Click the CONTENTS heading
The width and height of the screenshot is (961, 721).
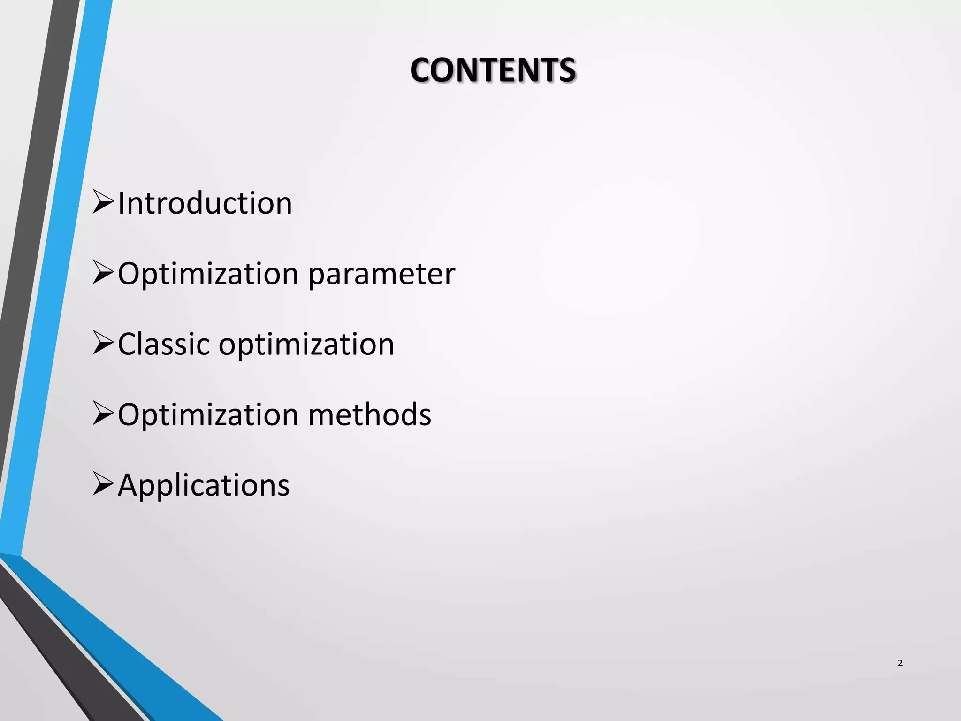tap(493, 70)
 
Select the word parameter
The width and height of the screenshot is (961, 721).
tap(381, 274)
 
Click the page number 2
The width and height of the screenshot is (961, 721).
tap(900, 663)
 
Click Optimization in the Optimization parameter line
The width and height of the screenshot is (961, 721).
tap(208, 274)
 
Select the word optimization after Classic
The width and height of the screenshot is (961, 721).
tap(306, 345)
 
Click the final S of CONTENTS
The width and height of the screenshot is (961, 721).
tap(567, 70)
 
